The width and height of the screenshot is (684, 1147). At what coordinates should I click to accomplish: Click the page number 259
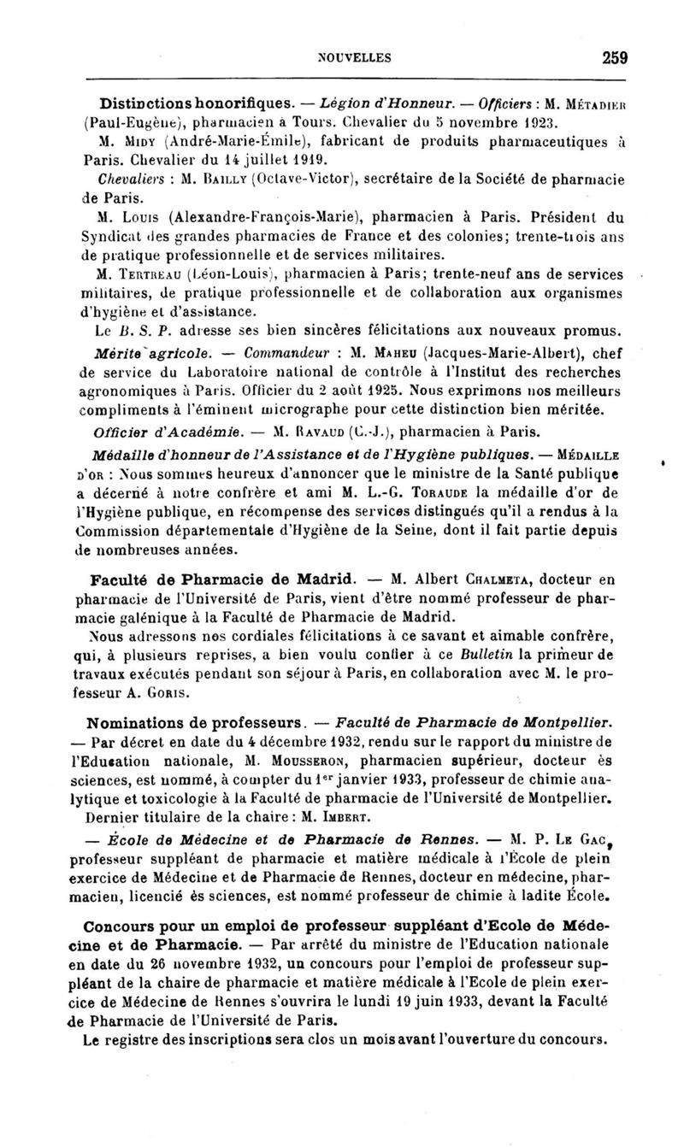tap(615, 58)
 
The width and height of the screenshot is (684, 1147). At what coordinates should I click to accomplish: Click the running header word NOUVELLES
tap(354, 58)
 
